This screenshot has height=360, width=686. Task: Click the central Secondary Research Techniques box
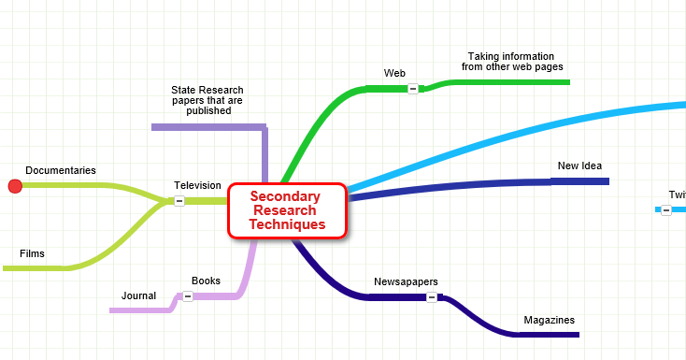[287, 210]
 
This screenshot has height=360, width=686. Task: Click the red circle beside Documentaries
[15, 186]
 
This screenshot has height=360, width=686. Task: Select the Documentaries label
[61, 170]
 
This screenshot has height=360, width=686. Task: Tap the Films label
[32, 253]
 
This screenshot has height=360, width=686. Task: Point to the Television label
[197, 185]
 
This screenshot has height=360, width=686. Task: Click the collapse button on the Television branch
[179, 200]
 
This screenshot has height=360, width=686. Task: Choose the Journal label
[138, 295]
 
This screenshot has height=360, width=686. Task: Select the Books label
[206, 281]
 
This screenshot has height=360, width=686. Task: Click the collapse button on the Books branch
[187, 295]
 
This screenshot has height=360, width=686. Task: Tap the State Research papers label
[207, 100]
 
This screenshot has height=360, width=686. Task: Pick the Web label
[394, 73]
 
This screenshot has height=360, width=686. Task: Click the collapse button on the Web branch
[412, 88]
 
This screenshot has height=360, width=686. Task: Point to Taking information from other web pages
[511, 62]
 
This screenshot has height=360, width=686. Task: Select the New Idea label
[579, 166]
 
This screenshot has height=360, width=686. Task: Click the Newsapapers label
[406, 281]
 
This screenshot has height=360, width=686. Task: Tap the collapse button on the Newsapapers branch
[432, 297]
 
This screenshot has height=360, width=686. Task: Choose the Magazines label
[549, 320]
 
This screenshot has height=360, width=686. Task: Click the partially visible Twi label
[678, 194]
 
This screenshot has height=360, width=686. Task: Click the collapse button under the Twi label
[665, 209]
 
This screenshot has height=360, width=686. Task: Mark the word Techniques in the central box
[287, 224]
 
